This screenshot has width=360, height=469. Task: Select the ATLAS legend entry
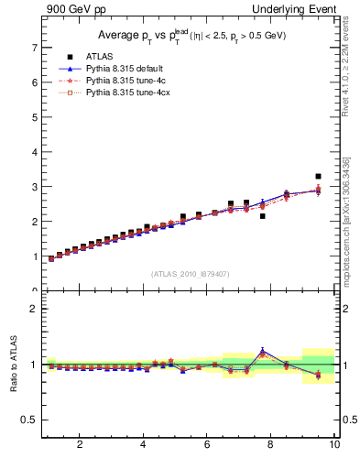click(99, 57)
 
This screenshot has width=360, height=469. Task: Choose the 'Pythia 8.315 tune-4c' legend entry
click(125, 81)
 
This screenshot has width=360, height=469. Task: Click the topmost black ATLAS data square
click(318, 176)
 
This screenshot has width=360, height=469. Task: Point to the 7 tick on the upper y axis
click(34, 48)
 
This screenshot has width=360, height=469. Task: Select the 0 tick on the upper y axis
click(34, 290)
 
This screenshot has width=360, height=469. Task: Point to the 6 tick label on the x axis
click(207, 445)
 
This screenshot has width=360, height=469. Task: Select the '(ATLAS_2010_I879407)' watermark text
click(189, 273)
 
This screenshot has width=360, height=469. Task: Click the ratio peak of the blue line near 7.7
click(263, 350)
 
